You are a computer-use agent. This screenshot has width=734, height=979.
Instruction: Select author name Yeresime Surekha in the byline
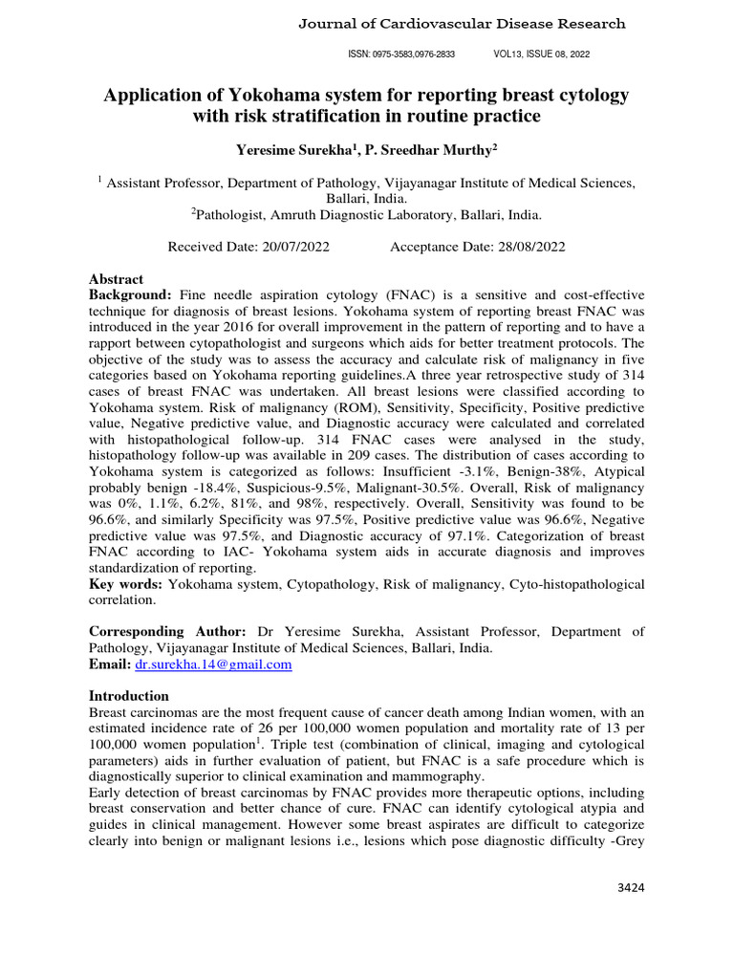pos(287,150)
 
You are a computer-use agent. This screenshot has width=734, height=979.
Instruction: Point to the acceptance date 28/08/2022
pos(525,247)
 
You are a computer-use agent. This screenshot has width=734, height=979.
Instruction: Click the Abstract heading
pos(116,279)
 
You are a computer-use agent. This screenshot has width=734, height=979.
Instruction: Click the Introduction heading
pos(128,695)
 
